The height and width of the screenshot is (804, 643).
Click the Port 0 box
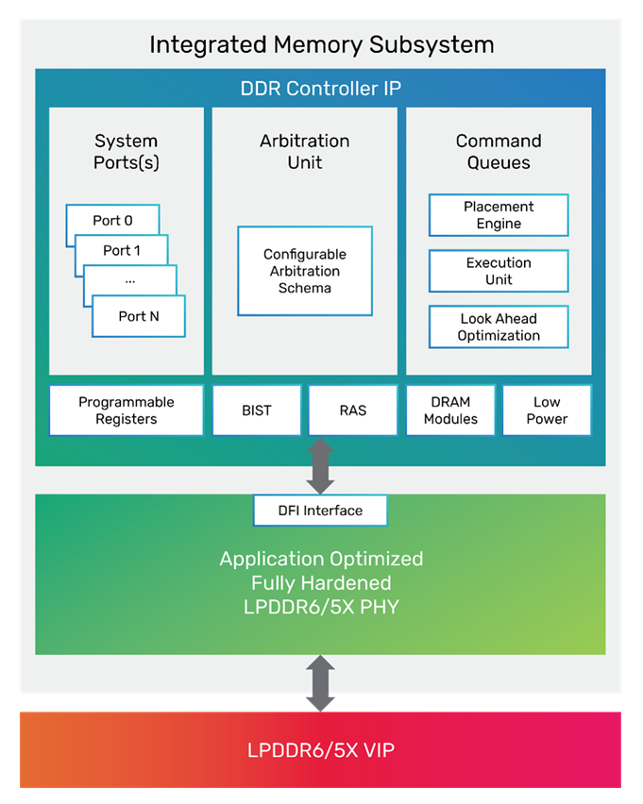111,221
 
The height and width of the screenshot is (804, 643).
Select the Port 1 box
122,250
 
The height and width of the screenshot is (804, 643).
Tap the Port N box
138,316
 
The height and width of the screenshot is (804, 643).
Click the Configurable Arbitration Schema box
304,271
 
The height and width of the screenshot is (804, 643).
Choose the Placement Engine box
499,215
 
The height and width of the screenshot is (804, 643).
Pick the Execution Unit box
499,271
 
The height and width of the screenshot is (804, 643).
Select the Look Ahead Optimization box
499,327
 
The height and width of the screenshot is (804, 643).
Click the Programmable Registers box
126,410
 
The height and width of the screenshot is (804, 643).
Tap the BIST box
257,410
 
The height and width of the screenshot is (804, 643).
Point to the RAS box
352,410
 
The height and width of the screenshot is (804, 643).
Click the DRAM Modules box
450,410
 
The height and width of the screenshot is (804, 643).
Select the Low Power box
547,410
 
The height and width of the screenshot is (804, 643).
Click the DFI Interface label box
320,511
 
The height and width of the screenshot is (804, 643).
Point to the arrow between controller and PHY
320,467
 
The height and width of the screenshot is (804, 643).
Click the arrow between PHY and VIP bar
320,684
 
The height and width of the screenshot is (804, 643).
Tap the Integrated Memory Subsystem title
321,44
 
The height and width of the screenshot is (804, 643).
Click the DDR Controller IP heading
320,91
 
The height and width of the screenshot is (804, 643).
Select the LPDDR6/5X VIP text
320,751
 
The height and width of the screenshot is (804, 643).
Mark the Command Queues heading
499,152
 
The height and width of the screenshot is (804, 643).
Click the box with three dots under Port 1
129,280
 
